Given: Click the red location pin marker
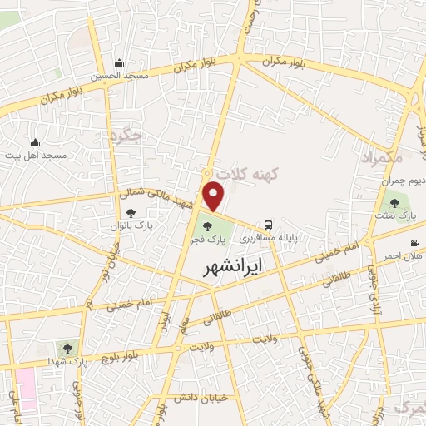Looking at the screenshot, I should pos(215,196).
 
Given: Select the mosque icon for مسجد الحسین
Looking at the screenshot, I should pos(120,62).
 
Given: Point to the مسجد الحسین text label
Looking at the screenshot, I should pos(119,75).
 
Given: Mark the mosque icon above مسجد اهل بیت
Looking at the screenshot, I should pos(35,143).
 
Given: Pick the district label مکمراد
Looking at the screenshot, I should pos(382,156).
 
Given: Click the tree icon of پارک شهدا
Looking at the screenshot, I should pos(67,347).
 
